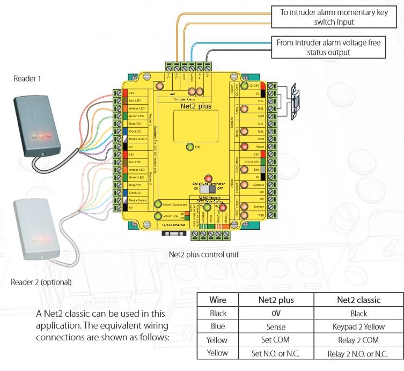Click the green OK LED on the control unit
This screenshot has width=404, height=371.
189,147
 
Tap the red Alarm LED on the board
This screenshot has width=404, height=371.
244,147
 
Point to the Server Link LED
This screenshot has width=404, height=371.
158,216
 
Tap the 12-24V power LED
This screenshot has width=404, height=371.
244,85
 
